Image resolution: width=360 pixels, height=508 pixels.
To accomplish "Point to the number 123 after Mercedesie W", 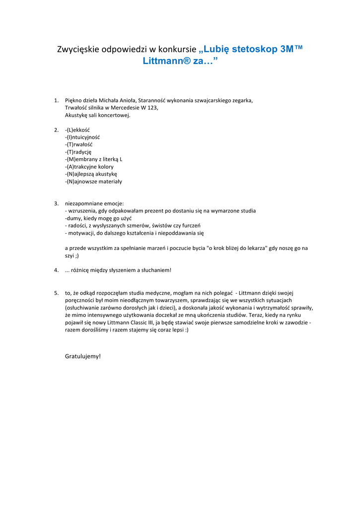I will coord(153,108).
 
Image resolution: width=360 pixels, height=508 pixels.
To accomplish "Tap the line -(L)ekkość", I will coord(77,130).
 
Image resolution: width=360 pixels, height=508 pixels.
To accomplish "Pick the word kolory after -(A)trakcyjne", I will coord(104,167).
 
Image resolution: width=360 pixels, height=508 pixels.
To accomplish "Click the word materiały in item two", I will coord(110,182).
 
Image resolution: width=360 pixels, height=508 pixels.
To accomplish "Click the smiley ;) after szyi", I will coord(76,255).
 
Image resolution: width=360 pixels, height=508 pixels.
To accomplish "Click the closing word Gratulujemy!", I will coord(83,356).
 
